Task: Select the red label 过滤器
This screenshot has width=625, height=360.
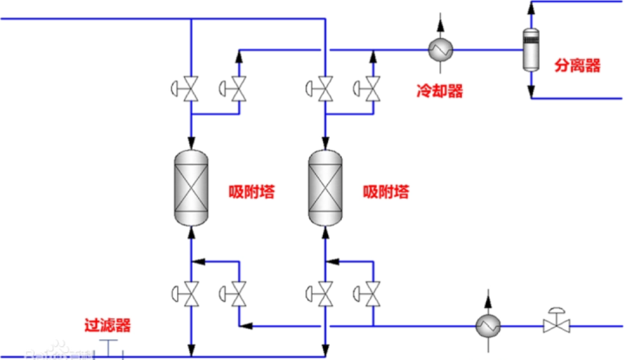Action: [108, 326]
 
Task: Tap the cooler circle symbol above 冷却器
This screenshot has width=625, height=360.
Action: [442, 49]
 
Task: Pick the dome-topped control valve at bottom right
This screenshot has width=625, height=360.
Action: [552, 324]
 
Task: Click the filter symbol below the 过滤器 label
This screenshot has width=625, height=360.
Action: [108, 349]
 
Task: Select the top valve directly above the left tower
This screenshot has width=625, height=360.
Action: [190, 88]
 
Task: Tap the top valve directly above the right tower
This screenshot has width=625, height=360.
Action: [325, 88]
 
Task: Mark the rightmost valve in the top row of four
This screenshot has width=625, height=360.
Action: [373, 88]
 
